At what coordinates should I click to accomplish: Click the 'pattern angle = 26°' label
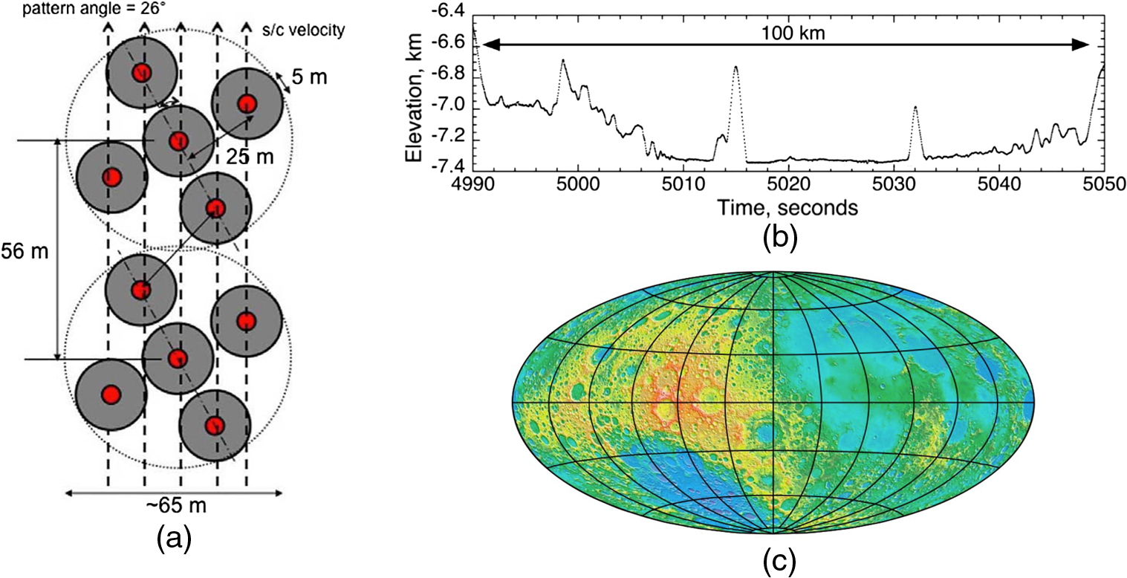click(x=94, y=8)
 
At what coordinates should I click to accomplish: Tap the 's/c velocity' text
click(x=303, y=30)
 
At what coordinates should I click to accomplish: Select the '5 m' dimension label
click(x=309, y=77)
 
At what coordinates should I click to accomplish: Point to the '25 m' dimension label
click(x=250, y=157)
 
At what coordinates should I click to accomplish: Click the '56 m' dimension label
click(x=25, y=251)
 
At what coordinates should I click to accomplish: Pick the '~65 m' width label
click(x=175, y=505)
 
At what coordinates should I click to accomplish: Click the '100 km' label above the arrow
click(x=793, y=33)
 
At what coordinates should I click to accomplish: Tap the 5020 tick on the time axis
click(x=789, y=184)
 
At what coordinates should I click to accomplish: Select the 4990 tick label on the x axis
click(x=473, y=184)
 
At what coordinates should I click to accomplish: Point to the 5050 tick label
click(x=1104, y=184)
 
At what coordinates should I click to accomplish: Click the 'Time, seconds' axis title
click(x=787, y=207)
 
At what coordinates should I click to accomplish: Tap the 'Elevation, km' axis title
click(x=414, y=97)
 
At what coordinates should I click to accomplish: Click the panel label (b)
click(x=780, y=238)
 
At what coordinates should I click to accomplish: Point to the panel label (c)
click(x=780, y=562)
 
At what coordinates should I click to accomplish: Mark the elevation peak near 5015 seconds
click(x=735, y=66)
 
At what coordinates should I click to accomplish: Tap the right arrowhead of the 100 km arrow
click(x=1081, y=45)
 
